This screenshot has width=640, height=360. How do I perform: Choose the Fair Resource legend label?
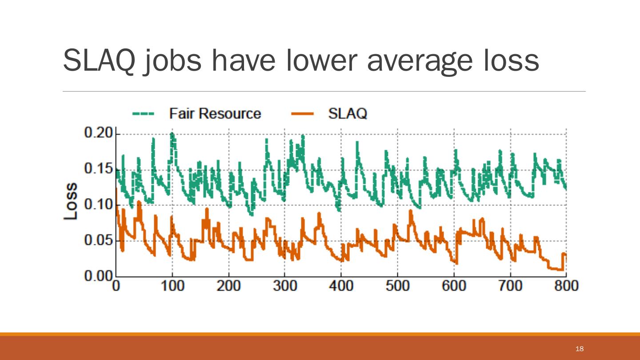(215, 113)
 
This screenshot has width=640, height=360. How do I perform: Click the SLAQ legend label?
(348, 113)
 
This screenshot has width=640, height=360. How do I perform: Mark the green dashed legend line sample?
(143, 114)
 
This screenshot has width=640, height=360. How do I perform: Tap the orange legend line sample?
(302, 114)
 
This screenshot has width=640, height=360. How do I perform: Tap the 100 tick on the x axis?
(172, 286)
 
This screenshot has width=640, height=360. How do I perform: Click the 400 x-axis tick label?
(341, 286)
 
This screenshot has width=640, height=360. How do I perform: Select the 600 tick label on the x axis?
(454, 286)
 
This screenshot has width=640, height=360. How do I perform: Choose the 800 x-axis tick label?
(566, 286)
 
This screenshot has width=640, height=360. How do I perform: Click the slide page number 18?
(579, 348)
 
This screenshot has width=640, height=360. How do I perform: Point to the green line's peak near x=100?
(172, 133)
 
